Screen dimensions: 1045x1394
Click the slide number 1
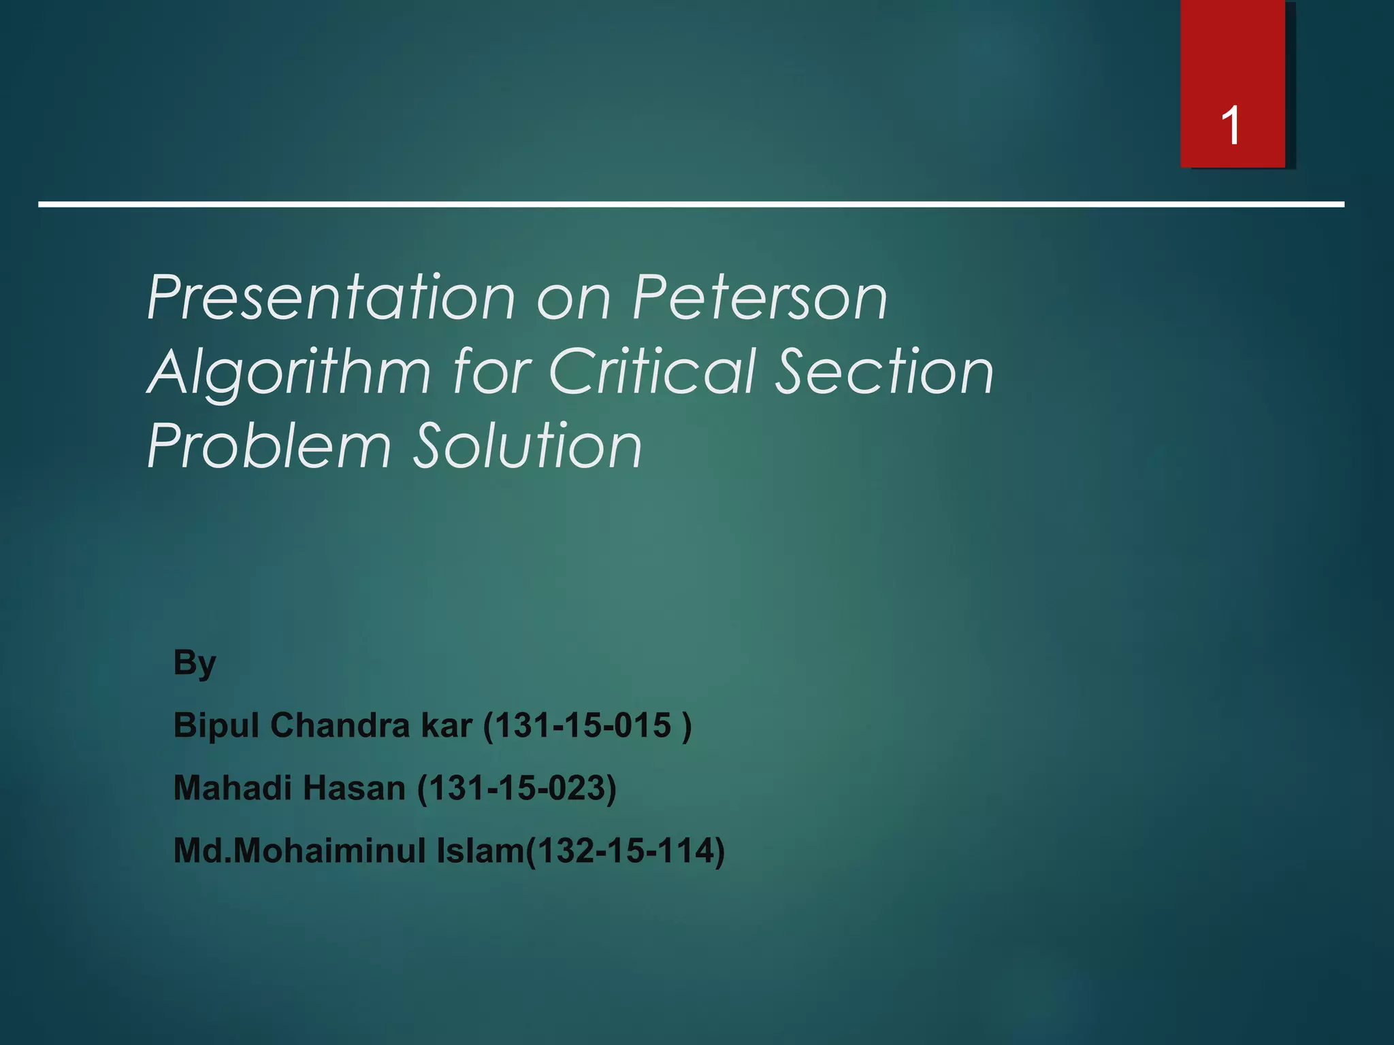pos(1231,127)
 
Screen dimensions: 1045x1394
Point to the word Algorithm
pos(289,373)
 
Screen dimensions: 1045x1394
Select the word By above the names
pos(195,663)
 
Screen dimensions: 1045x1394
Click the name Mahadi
pos(231,788)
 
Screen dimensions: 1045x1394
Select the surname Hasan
pos(354,788)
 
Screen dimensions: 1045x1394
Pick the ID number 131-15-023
pos(517,788)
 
